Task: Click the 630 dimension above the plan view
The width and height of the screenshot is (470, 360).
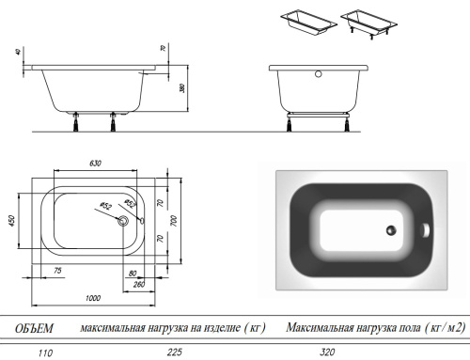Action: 95,164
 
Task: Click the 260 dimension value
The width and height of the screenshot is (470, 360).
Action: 139,285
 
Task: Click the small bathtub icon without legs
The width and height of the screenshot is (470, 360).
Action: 304,22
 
